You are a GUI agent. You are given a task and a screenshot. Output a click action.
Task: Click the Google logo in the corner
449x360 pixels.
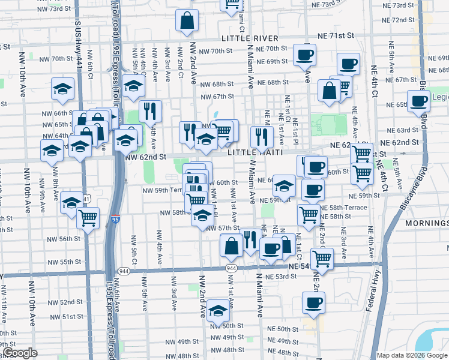(x=20, y=353)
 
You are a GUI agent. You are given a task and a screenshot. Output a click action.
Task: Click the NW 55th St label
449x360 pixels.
(x=66, y=262)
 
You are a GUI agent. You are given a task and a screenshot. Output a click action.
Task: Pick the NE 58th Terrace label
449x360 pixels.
(x=348, y=206)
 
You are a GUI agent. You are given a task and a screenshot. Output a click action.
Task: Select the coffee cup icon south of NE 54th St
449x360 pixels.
(x=313, y=303)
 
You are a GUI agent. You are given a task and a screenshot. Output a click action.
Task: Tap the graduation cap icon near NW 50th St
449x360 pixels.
(x=218, y=312)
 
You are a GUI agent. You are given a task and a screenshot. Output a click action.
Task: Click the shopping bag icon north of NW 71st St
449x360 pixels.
(x=187, y=20)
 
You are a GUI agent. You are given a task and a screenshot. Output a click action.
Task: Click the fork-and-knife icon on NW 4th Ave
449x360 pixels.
(x=150, y=111)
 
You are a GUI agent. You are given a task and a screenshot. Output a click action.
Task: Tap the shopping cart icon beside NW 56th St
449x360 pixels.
(x=88, y=217)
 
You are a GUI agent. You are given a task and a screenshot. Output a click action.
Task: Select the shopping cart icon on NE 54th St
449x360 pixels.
(x=322, y=259)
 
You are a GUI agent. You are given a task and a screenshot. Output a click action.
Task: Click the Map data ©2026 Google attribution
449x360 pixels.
(x=412, y=355)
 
